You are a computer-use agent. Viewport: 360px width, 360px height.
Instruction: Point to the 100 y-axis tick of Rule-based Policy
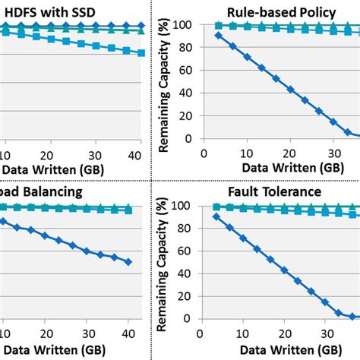[185, 24]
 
